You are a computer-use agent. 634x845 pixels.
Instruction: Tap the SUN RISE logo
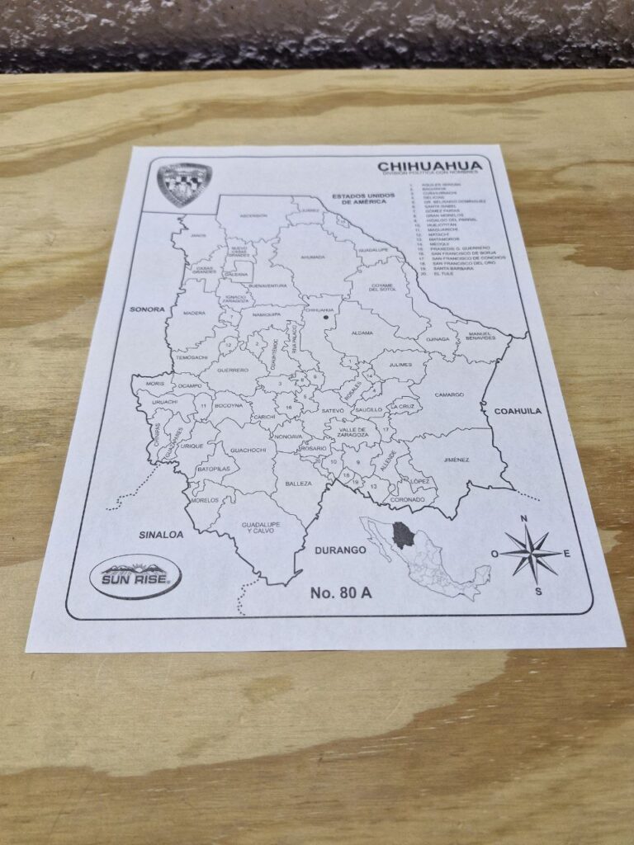click(x=135, y=576)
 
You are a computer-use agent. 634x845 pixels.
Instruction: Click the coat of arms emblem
click(x=185, y=183)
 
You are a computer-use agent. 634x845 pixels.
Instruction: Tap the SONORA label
click(x=147, y=309)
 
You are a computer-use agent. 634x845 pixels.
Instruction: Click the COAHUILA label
click(x=518, y=410)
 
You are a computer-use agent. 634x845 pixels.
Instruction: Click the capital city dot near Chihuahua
click(x=326, y=317)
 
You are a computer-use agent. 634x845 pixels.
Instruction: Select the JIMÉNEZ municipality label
click(x=456, y=460)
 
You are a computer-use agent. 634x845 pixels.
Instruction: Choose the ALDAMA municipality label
click(x=362, y=333)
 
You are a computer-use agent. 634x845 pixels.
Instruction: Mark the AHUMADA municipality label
click(x=313, y=257)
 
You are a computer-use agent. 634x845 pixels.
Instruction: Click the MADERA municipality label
click(x=195, y=314)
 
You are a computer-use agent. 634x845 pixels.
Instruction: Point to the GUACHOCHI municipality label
click(x=248, y=450)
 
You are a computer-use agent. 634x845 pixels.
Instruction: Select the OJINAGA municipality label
click(x=438, y=338)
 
